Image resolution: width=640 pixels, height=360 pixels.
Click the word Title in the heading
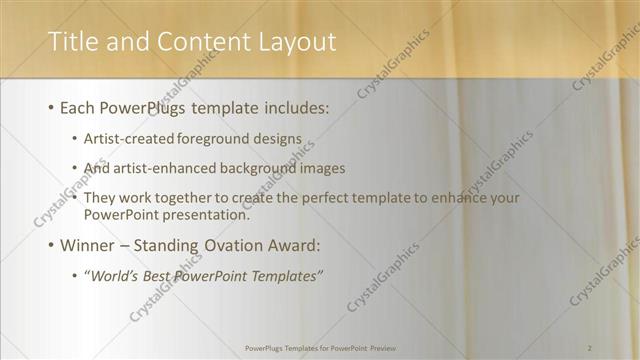click(73, 41)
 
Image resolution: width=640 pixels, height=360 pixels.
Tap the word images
click(319, 169)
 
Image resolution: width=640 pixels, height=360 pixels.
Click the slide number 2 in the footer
click(591, 347)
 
